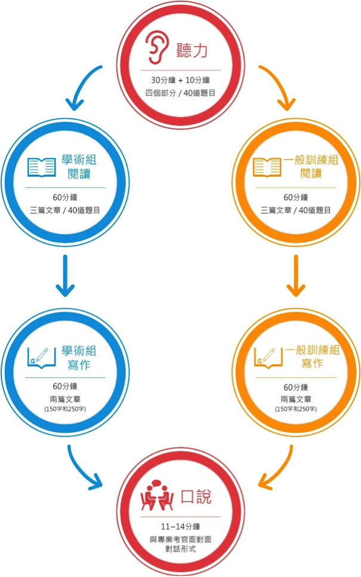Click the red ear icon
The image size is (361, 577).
pos(157,48)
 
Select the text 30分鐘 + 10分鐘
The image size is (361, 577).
pos(180,80)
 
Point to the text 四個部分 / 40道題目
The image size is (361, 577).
pos(180,93)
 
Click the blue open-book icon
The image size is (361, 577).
pos(42,167)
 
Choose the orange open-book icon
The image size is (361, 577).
pos(267,167)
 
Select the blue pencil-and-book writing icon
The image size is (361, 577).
pos(42,358)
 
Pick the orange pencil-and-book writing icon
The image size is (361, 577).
pos(269,358)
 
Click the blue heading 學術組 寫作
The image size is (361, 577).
pos(79,357)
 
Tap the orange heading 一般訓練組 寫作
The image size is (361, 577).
pos(312,357)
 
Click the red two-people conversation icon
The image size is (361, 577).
pos(157,496)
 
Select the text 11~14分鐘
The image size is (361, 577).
pos(180,527)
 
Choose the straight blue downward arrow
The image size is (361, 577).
pos(65,275)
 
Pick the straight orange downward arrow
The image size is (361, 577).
pos(295,275)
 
